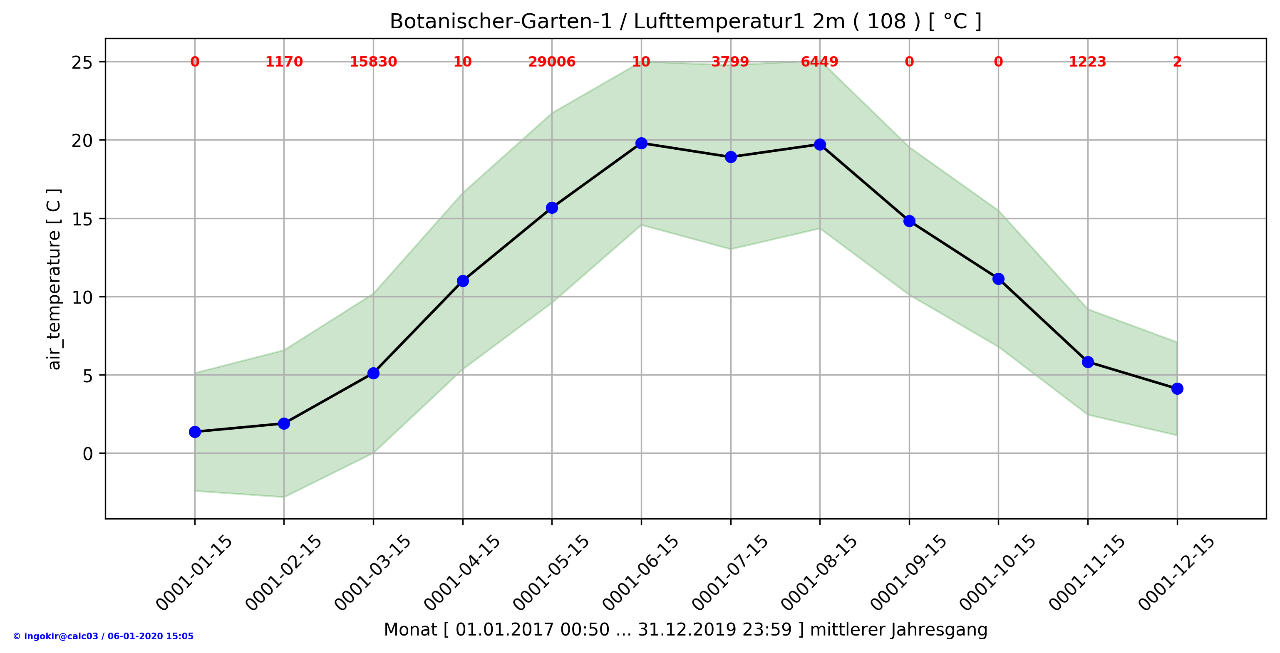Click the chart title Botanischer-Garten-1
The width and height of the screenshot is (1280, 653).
pos(685,22)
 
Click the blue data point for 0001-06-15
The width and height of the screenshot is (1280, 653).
pos(641,143)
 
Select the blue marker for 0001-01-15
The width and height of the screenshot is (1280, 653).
pos(195,432)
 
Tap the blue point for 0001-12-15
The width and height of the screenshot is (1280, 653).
pos(1177,389)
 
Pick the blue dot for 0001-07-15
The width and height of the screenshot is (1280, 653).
pos(730,157)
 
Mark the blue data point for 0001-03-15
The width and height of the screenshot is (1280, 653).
pos(373,373)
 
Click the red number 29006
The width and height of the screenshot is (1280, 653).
pos(551,62)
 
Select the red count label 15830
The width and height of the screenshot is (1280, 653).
pos(373,62)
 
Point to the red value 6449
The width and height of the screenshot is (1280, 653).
pos(819,62)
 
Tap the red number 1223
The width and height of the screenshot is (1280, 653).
pos(1087,62)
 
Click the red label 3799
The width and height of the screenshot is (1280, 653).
pos(730,62)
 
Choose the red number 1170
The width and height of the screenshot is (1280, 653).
pos(284,62)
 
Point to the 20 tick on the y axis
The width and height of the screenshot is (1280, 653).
pos(82,141)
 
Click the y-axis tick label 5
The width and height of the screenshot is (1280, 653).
pos(88,376)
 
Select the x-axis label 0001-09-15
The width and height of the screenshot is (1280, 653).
pos(909,573)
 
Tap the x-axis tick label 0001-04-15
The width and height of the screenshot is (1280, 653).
pos(462,573)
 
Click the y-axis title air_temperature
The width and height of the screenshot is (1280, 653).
pos(54,279)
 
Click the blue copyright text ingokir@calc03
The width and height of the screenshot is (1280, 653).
pos(103,636)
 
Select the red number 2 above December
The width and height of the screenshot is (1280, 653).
pos(1177,62)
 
